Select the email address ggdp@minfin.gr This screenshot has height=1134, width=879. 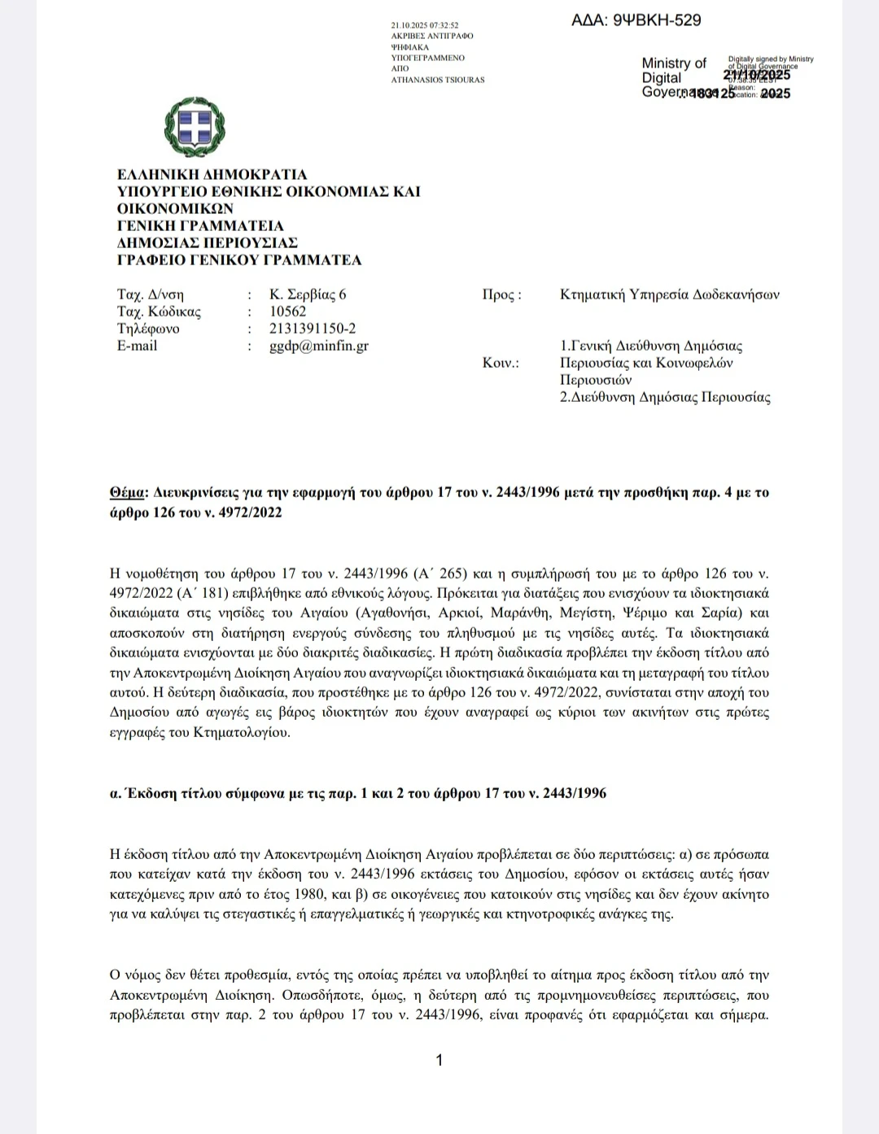[x=319, y=346]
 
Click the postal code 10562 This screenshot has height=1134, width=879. [x=288, y=312]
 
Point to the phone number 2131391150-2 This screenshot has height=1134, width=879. [x=313, y=329]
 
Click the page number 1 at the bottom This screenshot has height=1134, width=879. [x=439, y=1060]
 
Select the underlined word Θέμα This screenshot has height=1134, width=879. [x=128, y=492]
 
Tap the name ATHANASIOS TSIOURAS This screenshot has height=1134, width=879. [x=438, y=80]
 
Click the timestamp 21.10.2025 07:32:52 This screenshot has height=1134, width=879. [x=425, y=26]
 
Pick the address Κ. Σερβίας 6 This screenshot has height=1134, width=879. [x=308, y=294]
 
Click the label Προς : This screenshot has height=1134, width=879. [x=501, y=294]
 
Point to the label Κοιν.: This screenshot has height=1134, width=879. [x=501, y=363]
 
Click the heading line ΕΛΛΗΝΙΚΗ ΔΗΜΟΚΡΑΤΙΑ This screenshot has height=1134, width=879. [x=212, y=174]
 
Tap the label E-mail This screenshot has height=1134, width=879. [x=138, y=346]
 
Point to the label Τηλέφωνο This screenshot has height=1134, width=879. [x=148, y=329]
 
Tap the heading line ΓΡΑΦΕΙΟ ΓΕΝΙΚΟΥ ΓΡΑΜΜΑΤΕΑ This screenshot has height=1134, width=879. [x=239, y=260]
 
